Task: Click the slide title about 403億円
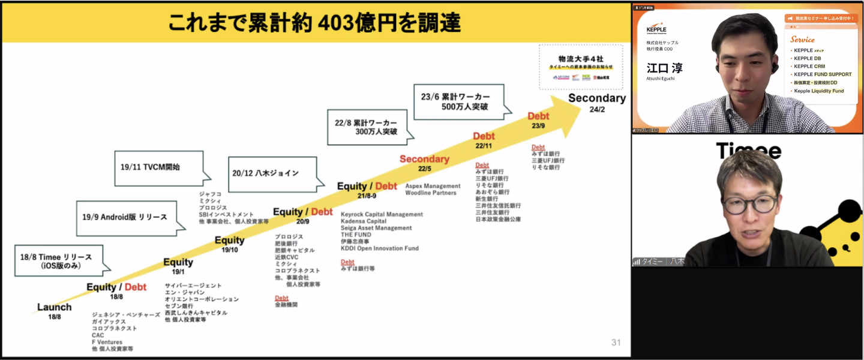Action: (314, 23)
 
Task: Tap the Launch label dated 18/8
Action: (55, 308)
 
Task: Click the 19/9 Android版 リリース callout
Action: (125, 217)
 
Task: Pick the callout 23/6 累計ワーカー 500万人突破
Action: (458, 101)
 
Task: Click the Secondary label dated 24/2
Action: (596, 98)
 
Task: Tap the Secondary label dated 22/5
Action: (424, 159)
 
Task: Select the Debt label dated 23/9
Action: (538, 116)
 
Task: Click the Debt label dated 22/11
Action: (484, 137)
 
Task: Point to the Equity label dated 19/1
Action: (178, 262)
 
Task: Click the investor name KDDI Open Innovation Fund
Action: (380, 248)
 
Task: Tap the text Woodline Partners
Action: (430, 193)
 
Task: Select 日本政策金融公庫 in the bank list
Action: (498, 220)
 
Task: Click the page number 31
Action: (616, 343)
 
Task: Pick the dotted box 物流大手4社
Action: (580, 67)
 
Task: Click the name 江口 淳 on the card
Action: (664, 68)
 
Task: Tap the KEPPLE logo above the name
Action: (656, 29)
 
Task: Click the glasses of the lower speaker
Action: (749, 204)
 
